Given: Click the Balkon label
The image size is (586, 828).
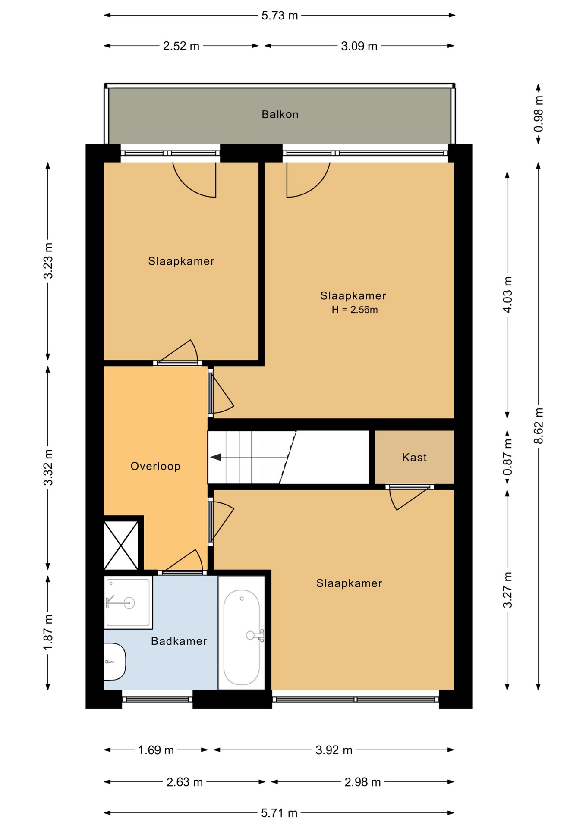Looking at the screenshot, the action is coord(280,114).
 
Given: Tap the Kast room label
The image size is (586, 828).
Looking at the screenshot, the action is coord(414,457).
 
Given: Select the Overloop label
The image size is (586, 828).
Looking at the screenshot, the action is coord(155,466).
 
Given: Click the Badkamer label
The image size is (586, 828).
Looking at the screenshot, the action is coord(179,641).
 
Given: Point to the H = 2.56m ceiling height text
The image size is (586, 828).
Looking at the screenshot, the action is coord(355,310).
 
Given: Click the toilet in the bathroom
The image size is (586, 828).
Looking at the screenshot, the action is coord(114,662).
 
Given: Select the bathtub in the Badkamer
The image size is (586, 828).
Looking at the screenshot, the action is coord(242,633).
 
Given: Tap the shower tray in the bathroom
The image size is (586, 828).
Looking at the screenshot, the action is coord(128,602).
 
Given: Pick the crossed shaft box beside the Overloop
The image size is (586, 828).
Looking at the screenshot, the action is coord(121,546).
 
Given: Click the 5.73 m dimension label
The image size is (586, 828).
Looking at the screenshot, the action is coord(280,16).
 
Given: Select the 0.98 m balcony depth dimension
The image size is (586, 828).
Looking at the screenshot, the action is coord(539,114).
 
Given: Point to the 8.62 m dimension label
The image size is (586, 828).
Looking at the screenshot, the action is coord(539,426).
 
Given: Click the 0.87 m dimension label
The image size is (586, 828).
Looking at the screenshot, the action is coord(508,457).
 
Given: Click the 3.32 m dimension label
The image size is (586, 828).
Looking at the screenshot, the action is coord(48,467).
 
